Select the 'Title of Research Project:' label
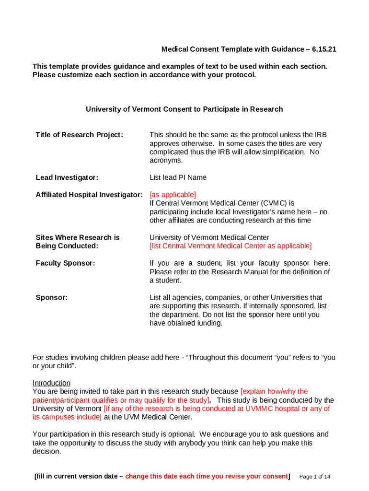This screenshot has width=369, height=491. point(79,135)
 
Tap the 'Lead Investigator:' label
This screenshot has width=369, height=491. point(67,177)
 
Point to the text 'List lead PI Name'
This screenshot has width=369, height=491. point(178,177)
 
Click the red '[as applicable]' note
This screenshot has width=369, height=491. point(173,195)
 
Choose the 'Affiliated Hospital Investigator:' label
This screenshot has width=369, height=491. point(89,195)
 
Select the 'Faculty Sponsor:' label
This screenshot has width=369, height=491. point(65,263)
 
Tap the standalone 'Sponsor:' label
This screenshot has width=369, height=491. point(51,297)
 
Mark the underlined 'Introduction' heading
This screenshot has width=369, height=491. point(51,383)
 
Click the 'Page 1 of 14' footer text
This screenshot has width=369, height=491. point(314,477)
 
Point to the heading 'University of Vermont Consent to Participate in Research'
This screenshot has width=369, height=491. point(184,109)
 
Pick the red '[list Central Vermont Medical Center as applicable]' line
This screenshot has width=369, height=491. point(231,246)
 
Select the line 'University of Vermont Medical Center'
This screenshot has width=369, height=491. point(209,237)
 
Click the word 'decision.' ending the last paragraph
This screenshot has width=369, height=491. point(46,451)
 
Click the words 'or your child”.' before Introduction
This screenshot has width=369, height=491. point(54,366)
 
